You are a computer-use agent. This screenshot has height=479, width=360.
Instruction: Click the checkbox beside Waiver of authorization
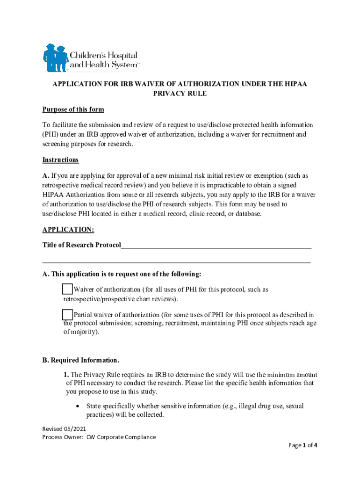[67, 289]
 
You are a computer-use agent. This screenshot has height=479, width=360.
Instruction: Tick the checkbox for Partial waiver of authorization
[67, 314]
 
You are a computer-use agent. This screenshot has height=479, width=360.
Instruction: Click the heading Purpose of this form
[73, 110]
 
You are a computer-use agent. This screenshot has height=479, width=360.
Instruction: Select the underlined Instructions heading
[60, 160]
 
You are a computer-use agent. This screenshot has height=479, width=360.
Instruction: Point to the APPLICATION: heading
[68, 230]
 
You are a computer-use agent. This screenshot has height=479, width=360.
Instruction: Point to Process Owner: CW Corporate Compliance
[99, 437]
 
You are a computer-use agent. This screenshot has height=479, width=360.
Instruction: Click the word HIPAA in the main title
[293, 84]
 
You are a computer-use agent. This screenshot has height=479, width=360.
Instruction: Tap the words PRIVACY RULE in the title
[180, 94]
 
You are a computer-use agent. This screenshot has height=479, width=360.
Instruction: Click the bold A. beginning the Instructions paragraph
[46, 176]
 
